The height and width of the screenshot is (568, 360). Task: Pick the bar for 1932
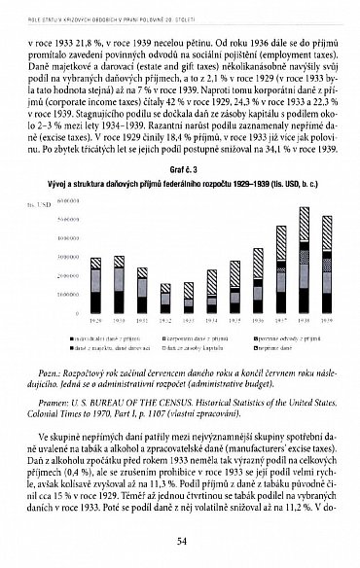tap(164, 298)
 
